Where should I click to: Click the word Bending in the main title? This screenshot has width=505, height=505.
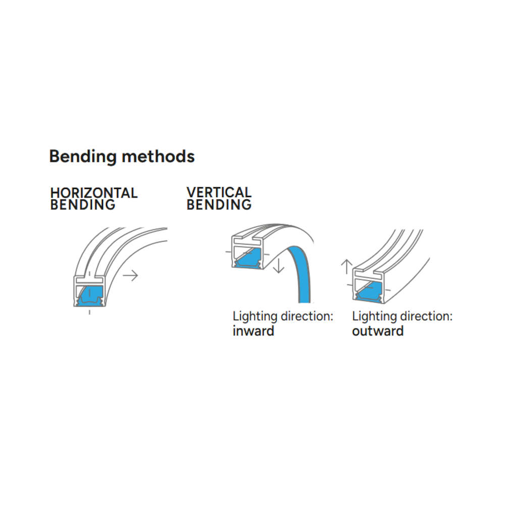click(83, 157)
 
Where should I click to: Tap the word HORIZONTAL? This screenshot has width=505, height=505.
click(94, 193)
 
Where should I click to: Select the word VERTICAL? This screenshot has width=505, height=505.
click(219, 192)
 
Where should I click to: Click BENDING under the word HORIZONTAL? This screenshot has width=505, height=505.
click(83, 205)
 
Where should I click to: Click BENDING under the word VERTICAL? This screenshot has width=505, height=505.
click(219, 205)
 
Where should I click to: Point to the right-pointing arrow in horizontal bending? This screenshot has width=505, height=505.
click(130, 275)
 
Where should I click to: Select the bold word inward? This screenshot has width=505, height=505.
click(254, 331)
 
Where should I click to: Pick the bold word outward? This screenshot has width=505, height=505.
click(378, 331)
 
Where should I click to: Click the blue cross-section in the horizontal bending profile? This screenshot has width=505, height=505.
click(90, 296)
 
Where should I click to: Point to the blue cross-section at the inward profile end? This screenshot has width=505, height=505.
click(248, 258)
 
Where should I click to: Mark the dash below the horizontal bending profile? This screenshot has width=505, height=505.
click(89, 312)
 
